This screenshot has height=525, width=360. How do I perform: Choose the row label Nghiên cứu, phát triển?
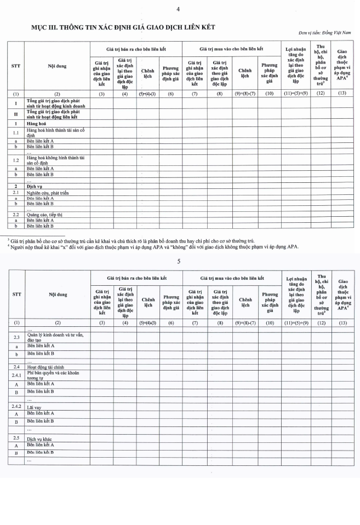point(49,193)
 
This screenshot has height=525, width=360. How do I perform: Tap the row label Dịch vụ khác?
point(39,438)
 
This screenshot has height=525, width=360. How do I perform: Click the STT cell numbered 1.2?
point(16,159)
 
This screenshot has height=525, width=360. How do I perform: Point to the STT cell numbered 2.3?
point(16,337)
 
